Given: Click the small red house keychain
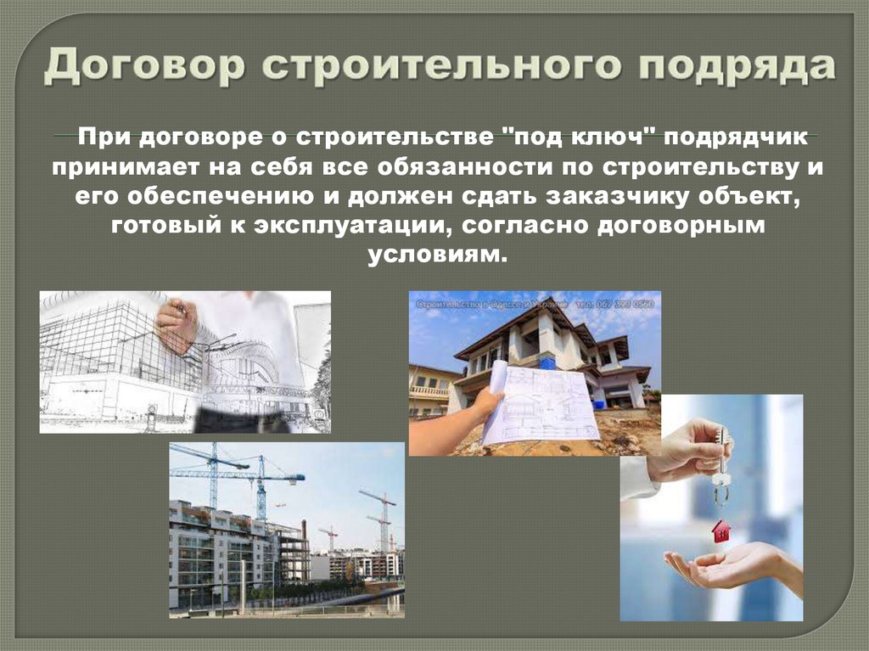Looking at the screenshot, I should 720,531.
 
